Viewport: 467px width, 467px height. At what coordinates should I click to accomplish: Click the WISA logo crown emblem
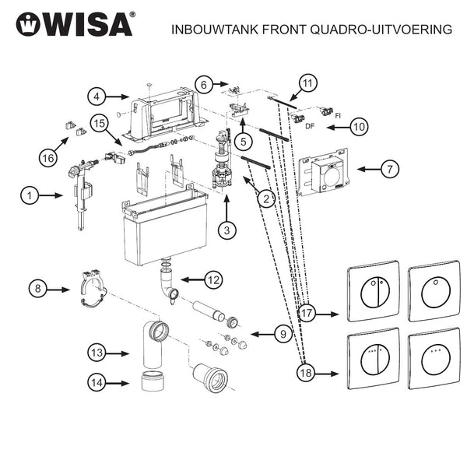(x=28, y=25)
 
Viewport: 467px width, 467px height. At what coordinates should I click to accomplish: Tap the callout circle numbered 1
(x=30, y=195)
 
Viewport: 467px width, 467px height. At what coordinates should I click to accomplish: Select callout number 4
(x=97, y=97)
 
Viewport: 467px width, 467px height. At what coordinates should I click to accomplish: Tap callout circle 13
(x=97, y=353)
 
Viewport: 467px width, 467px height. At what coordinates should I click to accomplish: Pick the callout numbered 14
(x=97, y=383)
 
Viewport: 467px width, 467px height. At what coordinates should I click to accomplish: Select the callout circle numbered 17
(x=307, y=314)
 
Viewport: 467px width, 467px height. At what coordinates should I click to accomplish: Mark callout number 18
(x=307, y=373)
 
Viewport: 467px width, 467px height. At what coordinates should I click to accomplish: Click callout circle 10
(x=359, y=126)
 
